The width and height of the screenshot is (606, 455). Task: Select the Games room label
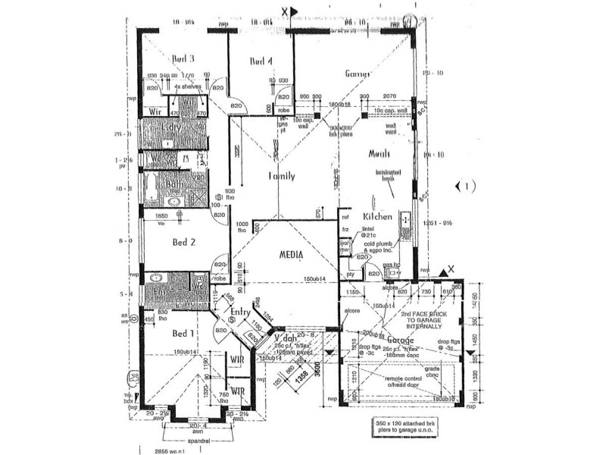click(x=357, y=74)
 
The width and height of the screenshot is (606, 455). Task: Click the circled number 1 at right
click(x=465, y=186)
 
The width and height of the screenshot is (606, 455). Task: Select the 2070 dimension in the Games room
click(x=390, y=96)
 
